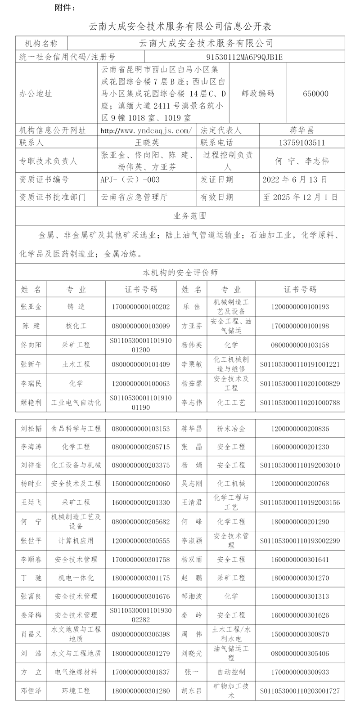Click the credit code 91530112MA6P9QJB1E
(244, 57)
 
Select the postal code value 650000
(315, 94)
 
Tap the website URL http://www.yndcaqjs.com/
(146, 130)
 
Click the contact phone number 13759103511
(301, 143)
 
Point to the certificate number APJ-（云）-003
(130, 179)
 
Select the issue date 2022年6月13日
(295, 179)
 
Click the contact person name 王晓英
(147, 143)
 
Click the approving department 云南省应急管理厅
(134, 197)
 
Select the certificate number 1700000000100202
(140, 307)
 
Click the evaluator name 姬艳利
(31, 402)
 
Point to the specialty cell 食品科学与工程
(76, 429)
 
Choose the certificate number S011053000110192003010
(300, 465)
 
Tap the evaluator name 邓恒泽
(31, 691)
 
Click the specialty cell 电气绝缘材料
(76, 672)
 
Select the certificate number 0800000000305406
(300, 653)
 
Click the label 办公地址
(36, 94)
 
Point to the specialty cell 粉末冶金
(231, 429)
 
